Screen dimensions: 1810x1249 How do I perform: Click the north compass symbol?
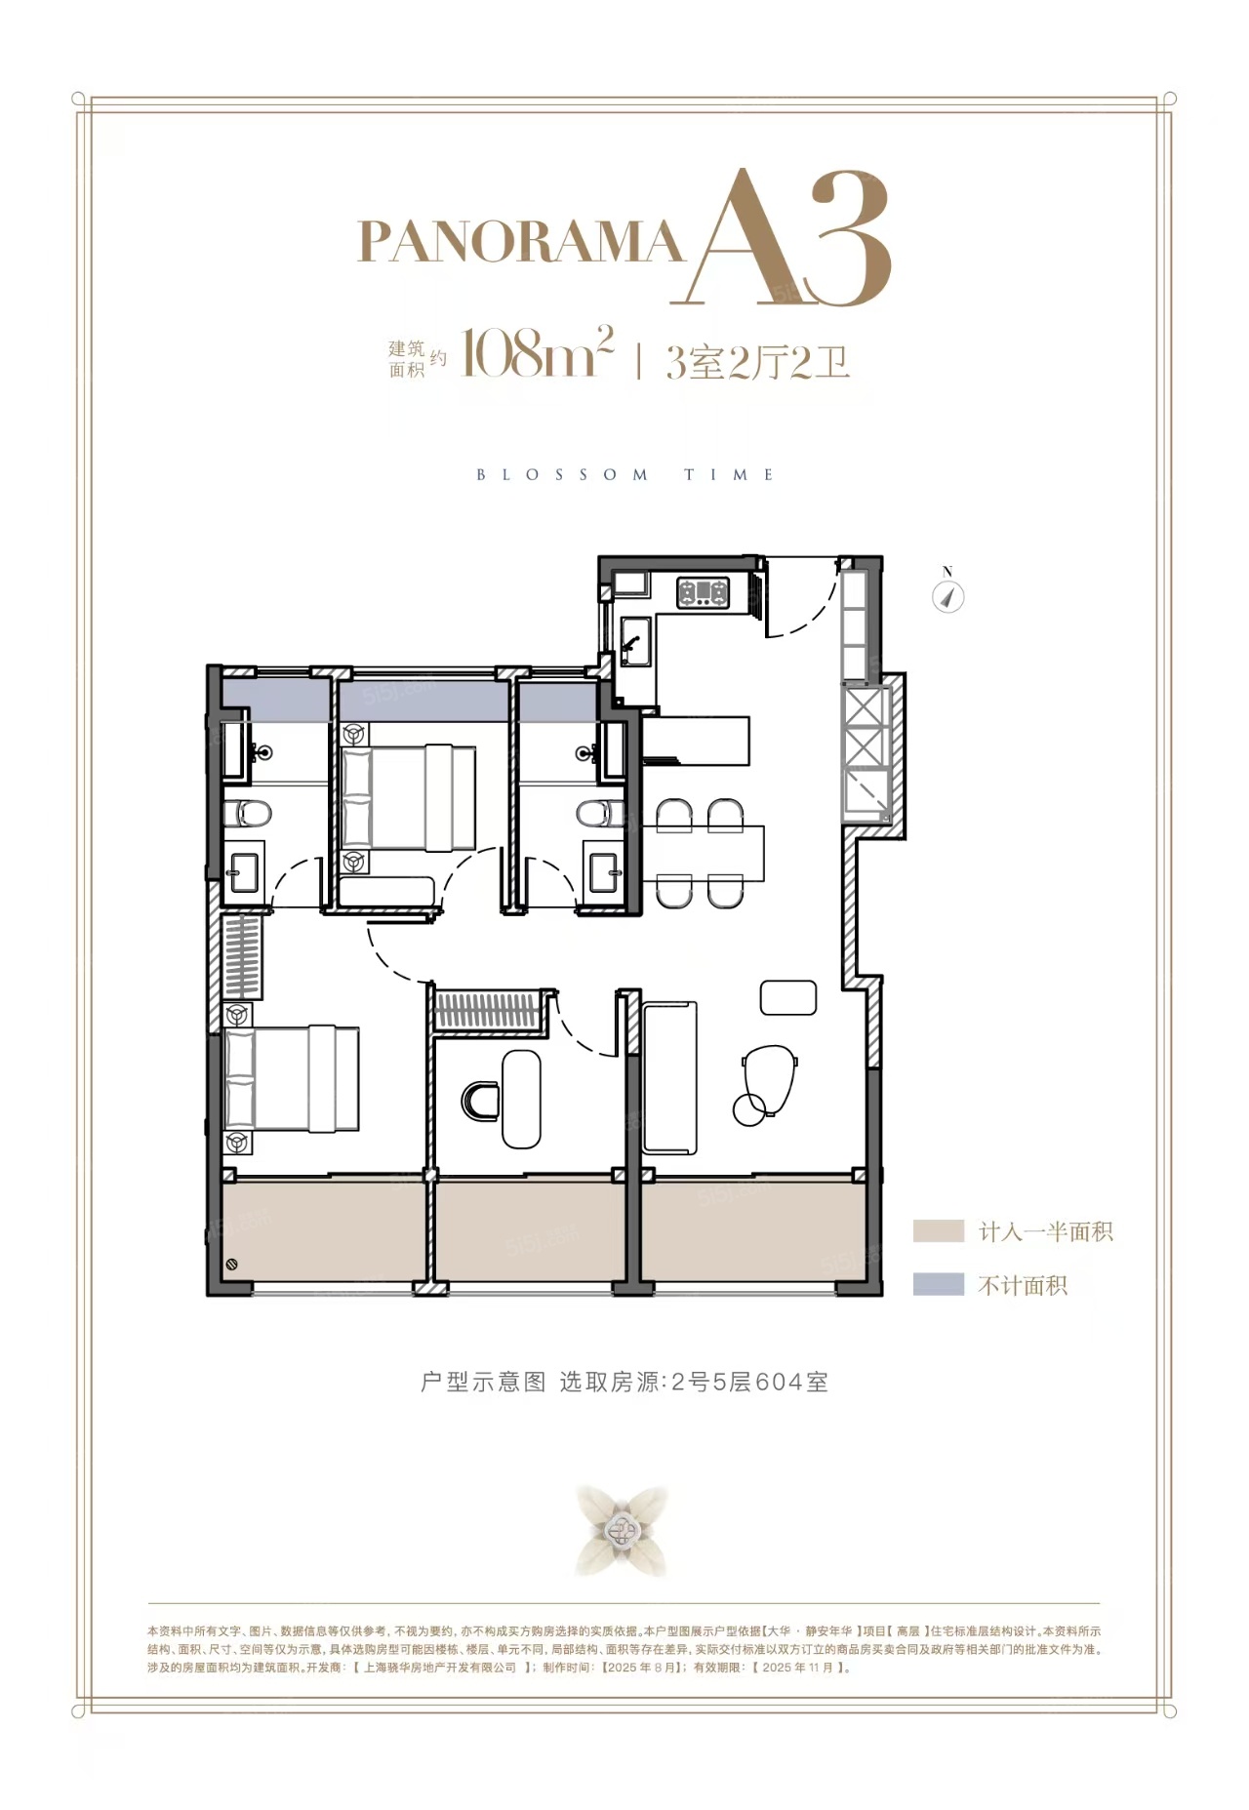click(947, 595)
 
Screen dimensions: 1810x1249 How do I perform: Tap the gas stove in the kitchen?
click(704, 591)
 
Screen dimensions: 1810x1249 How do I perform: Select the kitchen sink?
click(635, 642)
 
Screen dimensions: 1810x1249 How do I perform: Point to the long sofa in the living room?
click(670, 1076)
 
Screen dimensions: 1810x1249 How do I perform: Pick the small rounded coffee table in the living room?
click(788, 997)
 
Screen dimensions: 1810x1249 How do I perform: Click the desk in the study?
click(522, 1099)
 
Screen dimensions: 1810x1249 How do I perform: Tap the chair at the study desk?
click(480, 1101)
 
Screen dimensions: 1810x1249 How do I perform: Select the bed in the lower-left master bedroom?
click(292, 1078)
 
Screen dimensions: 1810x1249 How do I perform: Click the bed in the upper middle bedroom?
click(407, 796)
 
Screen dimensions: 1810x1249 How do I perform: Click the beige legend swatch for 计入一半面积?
click(938, 1230)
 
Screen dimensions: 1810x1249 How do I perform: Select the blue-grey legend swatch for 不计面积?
click(938, 1284)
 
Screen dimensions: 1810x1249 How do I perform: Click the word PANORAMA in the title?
click(520, 242)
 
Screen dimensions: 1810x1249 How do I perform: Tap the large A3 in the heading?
click(789, 239)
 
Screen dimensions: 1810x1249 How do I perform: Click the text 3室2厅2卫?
click(757, 361)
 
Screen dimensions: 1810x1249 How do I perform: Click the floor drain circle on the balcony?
click(232, 1265)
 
